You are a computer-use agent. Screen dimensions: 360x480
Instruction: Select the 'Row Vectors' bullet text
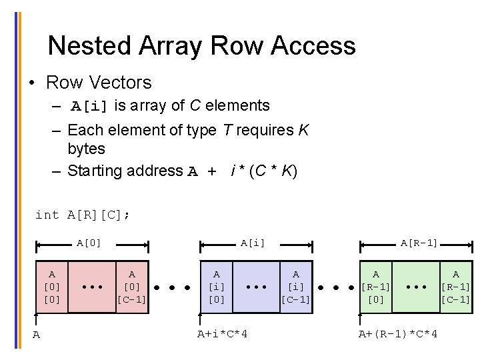(x=99, y=83)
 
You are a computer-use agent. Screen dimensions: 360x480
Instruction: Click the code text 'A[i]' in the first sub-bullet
(x=91, y=106)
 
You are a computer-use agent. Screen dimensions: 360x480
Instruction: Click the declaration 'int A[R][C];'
(x=83, y=215)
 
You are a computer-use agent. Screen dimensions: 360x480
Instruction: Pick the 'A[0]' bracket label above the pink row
(x=89, y=243)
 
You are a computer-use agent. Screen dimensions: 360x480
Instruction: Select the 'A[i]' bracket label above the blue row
(x=253, y=243)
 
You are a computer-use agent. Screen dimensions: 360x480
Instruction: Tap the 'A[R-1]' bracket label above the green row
(x=419, y=243)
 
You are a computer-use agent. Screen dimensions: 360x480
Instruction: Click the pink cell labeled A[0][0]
(x=52, y=287)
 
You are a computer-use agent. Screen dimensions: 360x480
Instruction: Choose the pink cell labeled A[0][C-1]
(x=131, y=287)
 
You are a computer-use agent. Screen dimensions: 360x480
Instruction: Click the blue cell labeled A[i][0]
(x=216, y=287)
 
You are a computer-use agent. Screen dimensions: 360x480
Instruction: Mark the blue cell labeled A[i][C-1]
(x=295, y=287)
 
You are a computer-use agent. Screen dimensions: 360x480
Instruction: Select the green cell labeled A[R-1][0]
(x=376, y=287)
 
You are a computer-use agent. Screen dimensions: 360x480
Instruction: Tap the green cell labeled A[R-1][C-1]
(x=455, y=287)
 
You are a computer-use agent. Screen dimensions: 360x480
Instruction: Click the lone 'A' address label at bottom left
(x=37, y=335)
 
